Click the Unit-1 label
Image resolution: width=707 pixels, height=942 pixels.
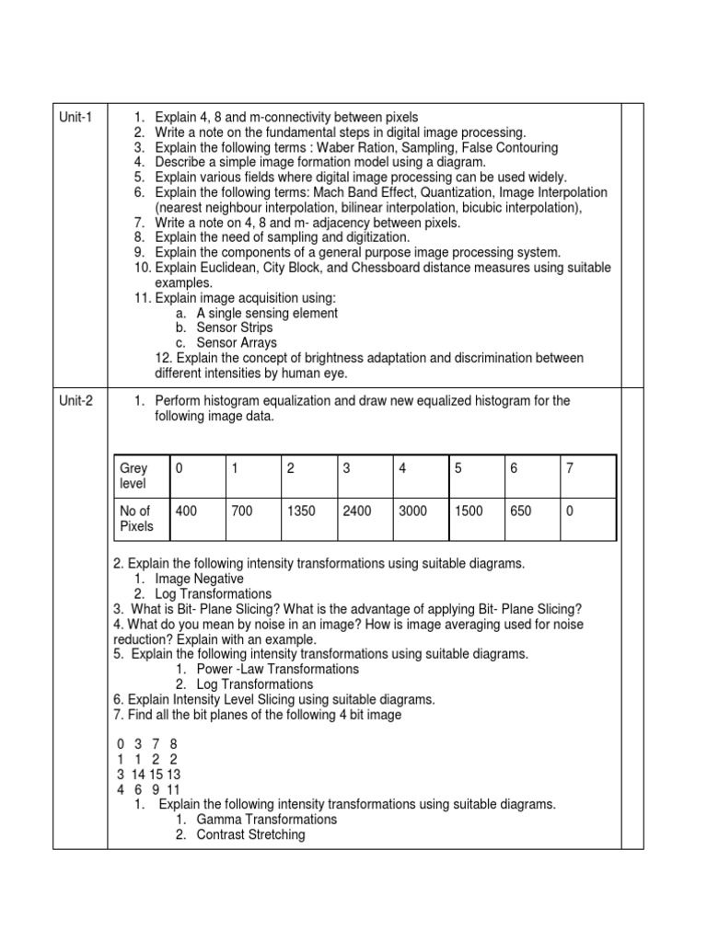pyautogui.click(x=77, y=117)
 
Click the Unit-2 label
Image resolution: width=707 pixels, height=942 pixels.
pyautogui.click(x=77, y=401)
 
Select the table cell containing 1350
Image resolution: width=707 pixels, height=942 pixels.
pyautogui.click(x=301, y=511)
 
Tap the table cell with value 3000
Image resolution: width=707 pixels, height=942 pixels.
pyautogui.click(x=412, y=511)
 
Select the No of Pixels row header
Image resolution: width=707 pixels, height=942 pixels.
pyautogui.click(x=136, y=519)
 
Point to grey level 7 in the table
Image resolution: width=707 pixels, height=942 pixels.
pyautogui.click(x=570, y=468)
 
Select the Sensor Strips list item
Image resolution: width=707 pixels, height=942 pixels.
pyautogui.click(x=235, y=327)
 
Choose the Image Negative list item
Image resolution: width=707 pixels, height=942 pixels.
pyautogui.click(x=199, y=579)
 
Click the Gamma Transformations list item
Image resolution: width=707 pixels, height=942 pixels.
pyautogui.click(x=266, y=819)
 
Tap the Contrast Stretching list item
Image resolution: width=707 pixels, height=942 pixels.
pyautogui.click(x=250, y=834)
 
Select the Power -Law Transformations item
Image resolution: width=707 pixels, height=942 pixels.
pyautogui.click(x=277, y=669)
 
